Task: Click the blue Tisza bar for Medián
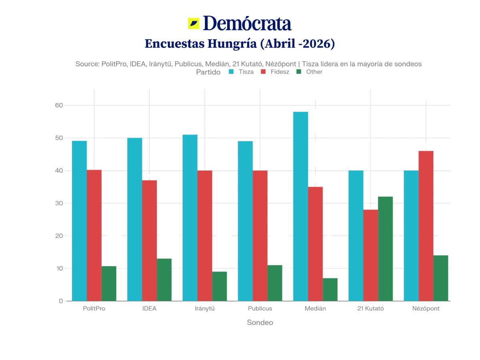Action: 300,206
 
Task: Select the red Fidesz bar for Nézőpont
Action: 426,226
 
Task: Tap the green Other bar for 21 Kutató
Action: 386,248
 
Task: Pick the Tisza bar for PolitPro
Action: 79,220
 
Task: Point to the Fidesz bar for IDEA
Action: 150,240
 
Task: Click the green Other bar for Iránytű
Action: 220,286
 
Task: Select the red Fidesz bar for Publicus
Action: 260,236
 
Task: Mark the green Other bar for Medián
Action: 330,289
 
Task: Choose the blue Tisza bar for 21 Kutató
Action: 356,236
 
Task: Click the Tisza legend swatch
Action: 231,72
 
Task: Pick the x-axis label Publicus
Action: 260,309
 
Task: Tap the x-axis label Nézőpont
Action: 426,309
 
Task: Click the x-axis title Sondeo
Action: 260,322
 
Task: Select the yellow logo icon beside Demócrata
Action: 194,24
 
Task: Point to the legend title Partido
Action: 208,72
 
